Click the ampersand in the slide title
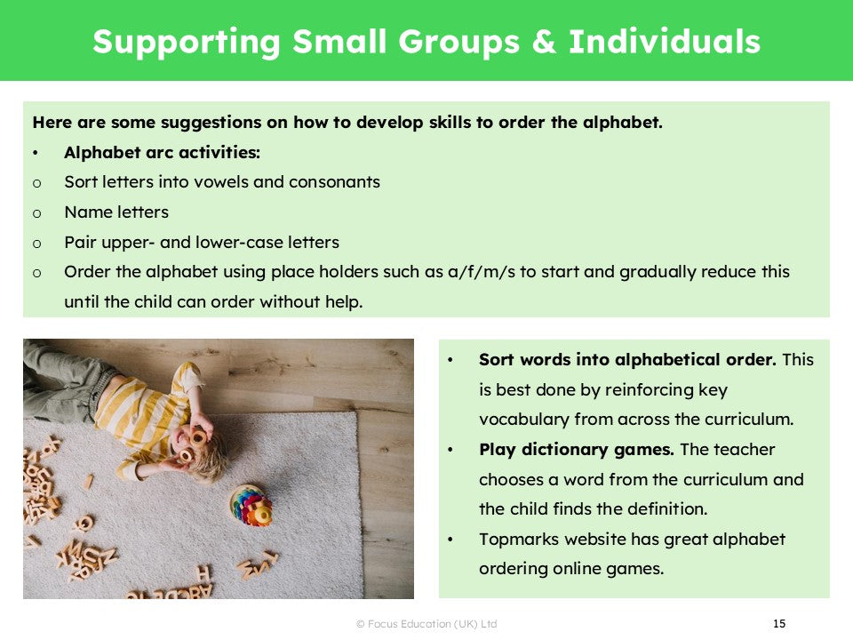coord(544,42)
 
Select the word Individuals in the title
coord(665,42)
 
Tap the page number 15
coord(779,624)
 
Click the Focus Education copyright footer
coord(426,624)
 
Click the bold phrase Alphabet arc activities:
coord(162,152)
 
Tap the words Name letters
coord(116,212)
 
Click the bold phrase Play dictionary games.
coord(577,450)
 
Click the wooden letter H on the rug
coord(203,572)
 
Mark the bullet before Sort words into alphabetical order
coord(450,360)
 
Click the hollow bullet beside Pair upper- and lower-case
coord(37,244)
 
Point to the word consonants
coord(334,181)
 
